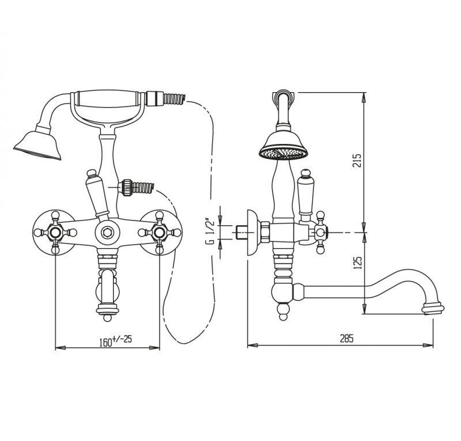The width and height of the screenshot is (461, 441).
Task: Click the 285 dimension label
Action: (x=347, y=339)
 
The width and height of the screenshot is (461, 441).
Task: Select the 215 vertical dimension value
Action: (x=357, y=161)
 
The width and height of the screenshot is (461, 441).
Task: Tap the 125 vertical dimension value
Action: (x=357, y=263)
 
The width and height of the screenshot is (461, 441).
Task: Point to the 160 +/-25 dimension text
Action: (x=116, y=341)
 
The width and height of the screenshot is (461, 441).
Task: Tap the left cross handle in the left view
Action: (x=55, y=233)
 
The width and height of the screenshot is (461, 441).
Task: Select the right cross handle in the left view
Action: (x=160, y=232)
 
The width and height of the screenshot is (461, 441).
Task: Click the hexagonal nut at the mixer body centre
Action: (x=107, y=233)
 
